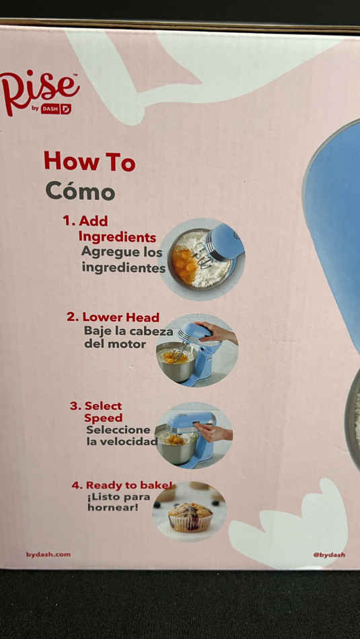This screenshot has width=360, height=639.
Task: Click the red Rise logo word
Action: pyautogui.click(x=40, y=89)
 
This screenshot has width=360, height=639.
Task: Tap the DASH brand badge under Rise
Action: pyautogui.click(x=55, y=109)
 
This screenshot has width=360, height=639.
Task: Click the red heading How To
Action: pyautogui.click(x=89, y=161)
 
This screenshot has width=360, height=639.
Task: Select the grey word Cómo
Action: pyautogui.click(x=80, y=191)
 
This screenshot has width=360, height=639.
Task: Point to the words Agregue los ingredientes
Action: pyautogui.click(x=123, y=260)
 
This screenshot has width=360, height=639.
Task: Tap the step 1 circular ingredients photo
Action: pyautogui.click(x=202, y=259)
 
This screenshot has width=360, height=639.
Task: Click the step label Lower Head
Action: pyautogui.click(x=113, y=317)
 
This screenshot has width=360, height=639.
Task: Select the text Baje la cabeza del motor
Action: pyautogui.click(x=129, y=338)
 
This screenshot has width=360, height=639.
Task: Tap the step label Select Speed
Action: pyautogui.click(x=97, y=412)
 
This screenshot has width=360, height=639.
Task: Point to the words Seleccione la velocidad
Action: pyautogui.click(x=122, y=436)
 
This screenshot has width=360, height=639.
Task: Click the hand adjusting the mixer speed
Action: pyautogui.click(x=213, y=432)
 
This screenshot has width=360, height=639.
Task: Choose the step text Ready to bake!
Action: pyautogui.click(x=122, y=486)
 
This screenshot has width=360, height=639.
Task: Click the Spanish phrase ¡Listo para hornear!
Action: pyautogui.click(x=118, y=502)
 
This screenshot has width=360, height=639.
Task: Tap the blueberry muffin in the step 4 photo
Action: pyautogui.click(x=190, y=517)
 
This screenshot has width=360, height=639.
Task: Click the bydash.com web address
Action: pyautogui.click(x=48, y=555)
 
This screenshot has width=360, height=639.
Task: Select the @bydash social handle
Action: pyautogui.click(x=329, y=555)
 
